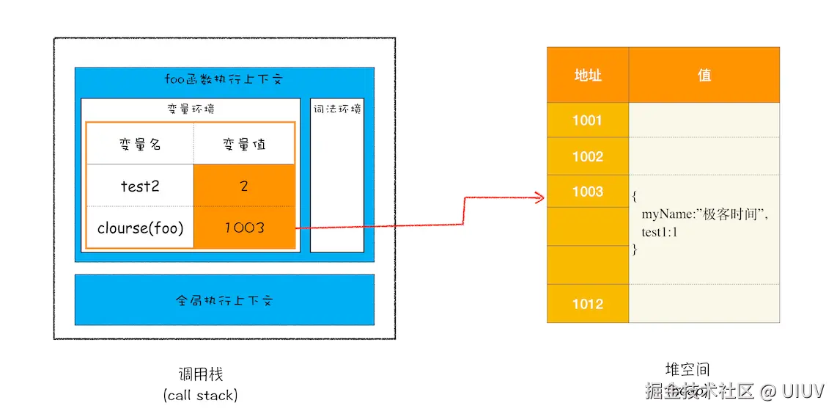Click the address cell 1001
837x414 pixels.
(x=587, y=120)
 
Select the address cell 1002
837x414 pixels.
(x=587, y=156)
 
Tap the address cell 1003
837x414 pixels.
(x=587, y=192)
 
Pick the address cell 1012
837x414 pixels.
(x=587, y=304)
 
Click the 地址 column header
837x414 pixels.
(x=587, y=75)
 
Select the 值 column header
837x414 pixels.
(x=704, y=75)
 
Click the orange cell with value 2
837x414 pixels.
(x=244, y=186)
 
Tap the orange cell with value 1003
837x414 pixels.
(x=244, y=228)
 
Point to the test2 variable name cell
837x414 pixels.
(x=140, y=186)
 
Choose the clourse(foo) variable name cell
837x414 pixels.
(x=140, y=228)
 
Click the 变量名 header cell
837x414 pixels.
(x=140, y=145)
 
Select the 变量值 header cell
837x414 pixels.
(x=244, y=145)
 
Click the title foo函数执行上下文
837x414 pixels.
(x=224, y=80)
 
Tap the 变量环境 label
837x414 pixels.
(x=191, y=109)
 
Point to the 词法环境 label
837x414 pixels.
(x=337, y=109)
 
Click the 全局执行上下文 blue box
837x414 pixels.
(x=224, y=300)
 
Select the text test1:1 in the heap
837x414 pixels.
(x=660, y=233)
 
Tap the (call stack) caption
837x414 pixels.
(x=200, y=395)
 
